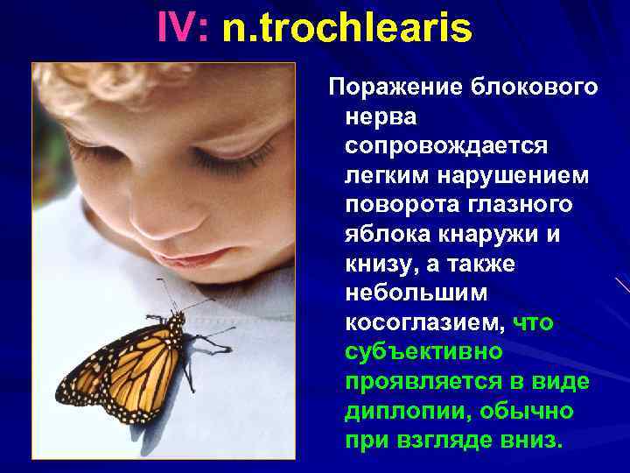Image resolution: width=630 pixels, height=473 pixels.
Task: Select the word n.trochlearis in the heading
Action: pos(347,29)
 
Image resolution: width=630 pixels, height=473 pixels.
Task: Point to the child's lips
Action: pos(198,257)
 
